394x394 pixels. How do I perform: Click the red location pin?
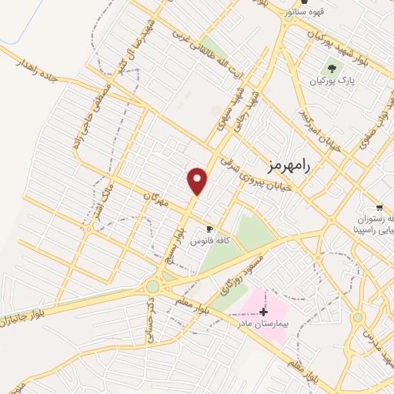coord(198,182)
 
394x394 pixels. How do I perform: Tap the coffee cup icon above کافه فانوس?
coord(209,229)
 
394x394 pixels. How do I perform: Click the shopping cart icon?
coord(379,205)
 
